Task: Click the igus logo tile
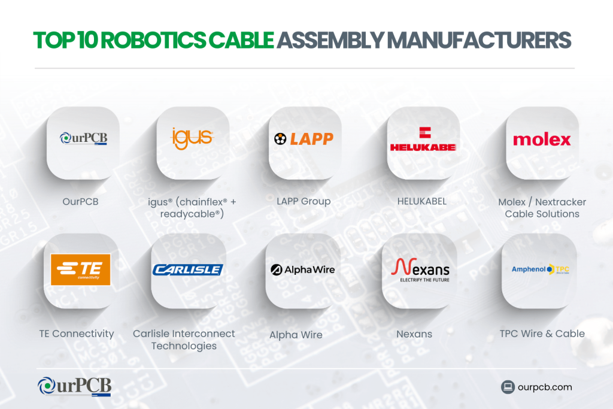(x=192, y=138)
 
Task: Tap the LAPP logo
(x=304, y=140)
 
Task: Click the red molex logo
(x=541, y=140)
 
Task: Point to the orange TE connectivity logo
(x=81, y=269)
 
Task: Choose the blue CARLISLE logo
(x=187, y=270)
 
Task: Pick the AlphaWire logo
(x=302, y=269)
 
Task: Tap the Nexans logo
(x=420, y=269)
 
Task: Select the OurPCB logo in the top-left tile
(x=83, y=140)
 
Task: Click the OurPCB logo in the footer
(x=74, y=386)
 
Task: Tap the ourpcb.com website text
(x=545, y=387)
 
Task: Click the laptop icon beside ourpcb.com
(x=508, y=387)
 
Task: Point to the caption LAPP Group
(x=304, y=201)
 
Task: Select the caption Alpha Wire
(x=296, y=335)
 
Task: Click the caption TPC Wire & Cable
(x=542, y=334)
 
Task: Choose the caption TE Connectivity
(x=77, y=334)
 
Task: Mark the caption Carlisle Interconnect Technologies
(x=184, y=340)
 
